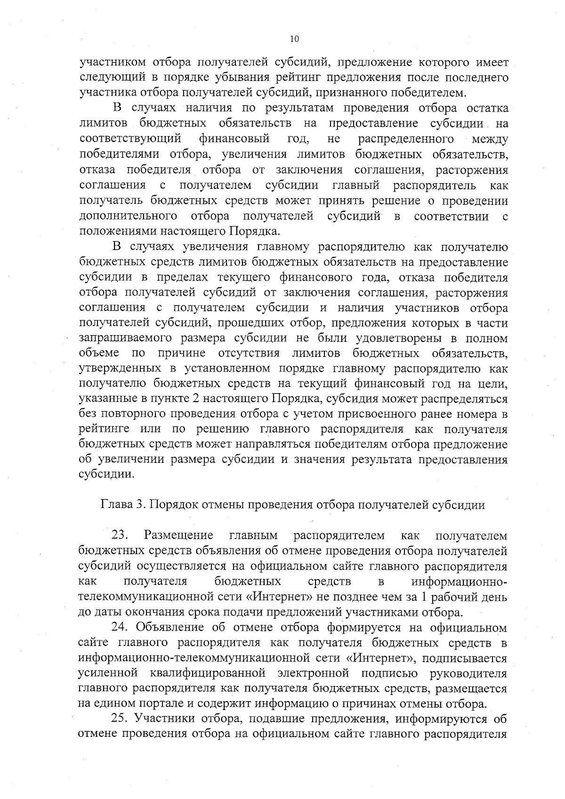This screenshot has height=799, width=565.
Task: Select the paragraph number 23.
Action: pyautogui.click(x=120, y=536)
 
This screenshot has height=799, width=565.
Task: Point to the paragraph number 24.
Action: pyautogui.click(x=120, y=628)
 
